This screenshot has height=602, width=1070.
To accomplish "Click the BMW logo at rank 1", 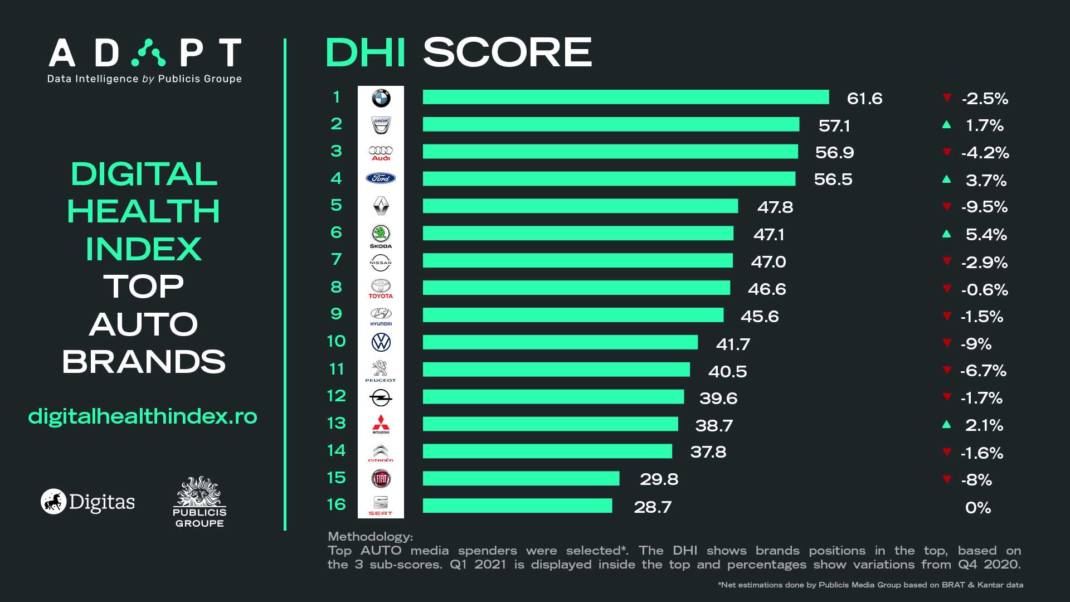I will (381, 98).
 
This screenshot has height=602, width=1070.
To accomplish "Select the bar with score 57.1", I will (611, 124).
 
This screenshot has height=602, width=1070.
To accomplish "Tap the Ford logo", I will (381, 178).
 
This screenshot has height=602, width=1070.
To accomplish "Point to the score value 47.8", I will (775, 207).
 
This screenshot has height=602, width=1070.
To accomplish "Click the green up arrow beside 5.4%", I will (946, 234).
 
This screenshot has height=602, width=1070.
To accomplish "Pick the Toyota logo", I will (381, 288).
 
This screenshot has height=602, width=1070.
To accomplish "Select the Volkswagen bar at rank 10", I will (560, 342).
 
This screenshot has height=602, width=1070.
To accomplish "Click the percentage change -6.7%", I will (983, 371).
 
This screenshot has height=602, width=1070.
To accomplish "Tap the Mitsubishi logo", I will (381, 424).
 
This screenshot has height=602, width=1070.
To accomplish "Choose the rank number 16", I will (336, 504).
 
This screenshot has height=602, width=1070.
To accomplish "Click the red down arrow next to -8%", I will (946, 479).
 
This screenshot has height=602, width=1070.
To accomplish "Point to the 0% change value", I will (978, 508).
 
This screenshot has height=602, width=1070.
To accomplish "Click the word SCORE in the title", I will (507, 52).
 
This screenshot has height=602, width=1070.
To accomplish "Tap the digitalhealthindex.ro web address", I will (143, 416).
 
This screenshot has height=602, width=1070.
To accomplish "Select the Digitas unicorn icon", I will (53, 502).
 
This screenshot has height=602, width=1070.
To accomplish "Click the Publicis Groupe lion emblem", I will (199, 491).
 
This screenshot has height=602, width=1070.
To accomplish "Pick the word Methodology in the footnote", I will (370, 537).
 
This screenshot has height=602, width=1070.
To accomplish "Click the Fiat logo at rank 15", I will (381, 478).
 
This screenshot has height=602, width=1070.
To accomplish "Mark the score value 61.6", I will (864, 99).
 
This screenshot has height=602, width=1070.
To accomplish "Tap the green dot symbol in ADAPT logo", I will (148, 53).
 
